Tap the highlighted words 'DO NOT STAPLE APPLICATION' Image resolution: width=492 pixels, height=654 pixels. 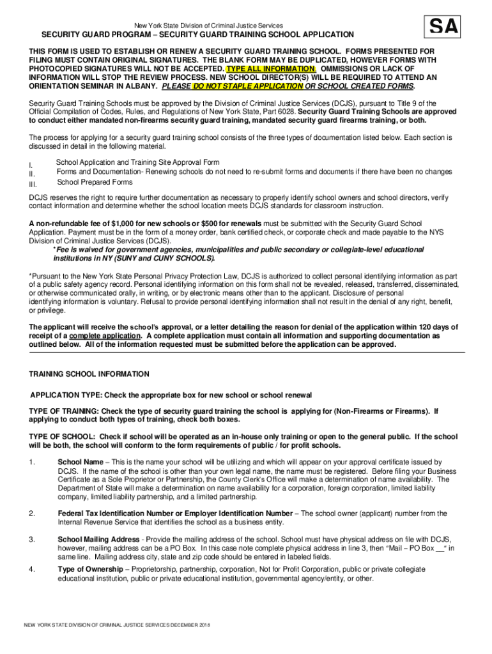click(x=247, y=86)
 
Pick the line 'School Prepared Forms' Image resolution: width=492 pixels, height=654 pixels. click(x=95, y=182)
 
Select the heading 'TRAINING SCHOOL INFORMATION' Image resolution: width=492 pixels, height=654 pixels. click(x=89, y=374)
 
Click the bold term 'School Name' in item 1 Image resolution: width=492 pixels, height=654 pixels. click(x=80, y=462)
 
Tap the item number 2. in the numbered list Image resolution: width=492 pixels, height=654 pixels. click(x=32, y=513)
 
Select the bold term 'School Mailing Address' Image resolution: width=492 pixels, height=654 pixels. click(x=98, y=539)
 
